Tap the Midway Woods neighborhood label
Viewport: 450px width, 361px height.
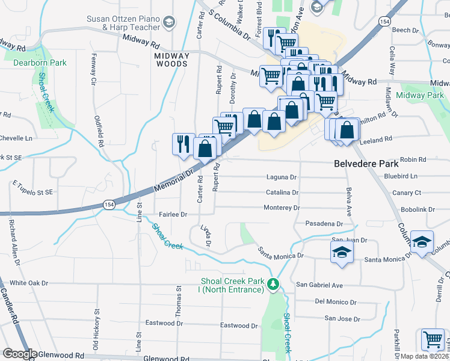(x=172, y=60)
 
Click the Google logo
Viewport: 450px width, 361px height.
(x=20, y=354)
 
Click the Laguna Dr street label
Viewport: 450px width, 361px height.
(x=282, y=177)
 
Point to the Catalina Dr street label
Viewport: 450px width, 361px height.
(x=283, y=193)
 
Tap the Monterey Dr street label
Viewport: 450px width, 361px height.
(x=282, y=208)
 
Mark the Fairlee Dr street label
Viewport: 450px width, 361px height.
(x=173, y=214)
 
